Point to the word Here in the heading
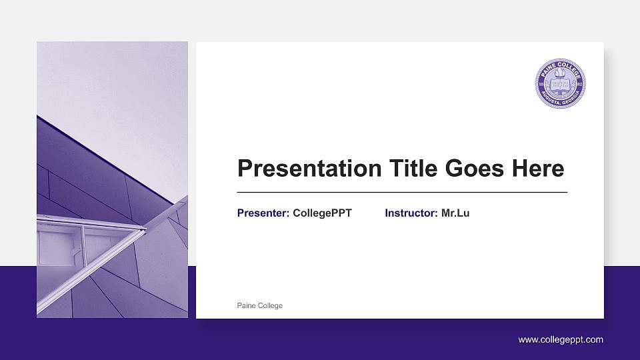pos(537,169)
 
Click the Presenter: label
pos(263,213)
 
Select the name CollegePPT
pos(322,213)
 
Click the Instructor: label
pos(411,213)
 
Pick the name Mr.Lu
pos(455,213)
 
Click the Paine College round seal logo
pos(560,84)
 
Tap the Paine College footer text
pos(260,305)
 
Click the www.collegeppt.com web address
pos(561,339)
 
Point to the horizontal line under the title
pos(402,192)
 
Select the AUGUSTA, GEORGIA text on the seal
pos(560,102)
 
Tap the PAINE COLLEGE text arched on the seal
pos(560,67)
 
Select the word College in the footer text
pos(270,305)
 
